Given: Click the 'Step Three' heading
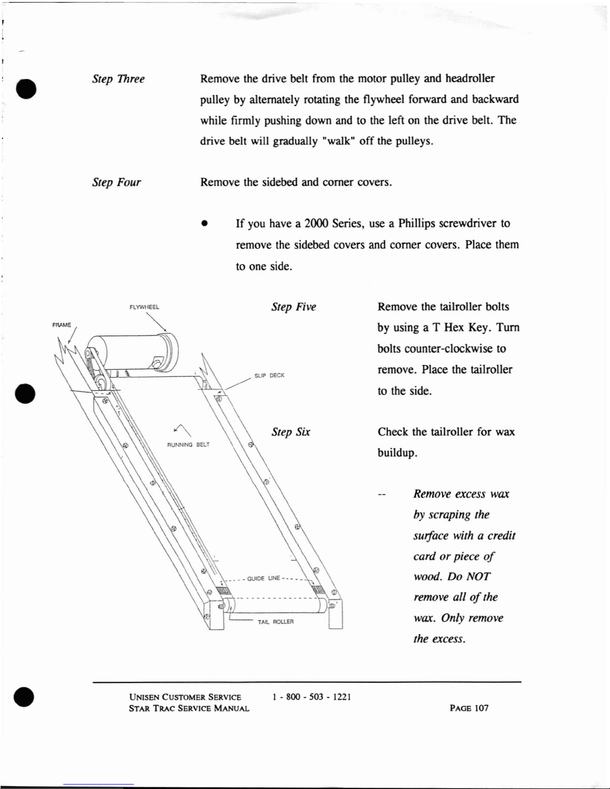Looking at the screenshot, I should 119,79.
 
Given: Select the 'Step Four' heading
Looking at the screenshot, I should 117,183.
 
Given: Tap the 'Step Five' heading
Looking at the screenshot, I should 294,307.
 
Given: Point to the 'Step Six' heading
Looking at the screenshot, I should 291,432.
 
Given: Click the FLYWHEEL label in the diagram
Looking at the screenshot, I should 144,307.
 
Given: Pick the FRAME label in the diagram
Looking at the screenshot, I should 62,325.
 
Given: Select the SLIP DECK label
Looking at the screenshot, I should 269,375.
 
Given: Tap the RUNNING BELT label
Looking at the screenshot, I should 188,445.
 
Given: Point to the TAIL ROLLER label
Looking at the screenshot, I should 275,622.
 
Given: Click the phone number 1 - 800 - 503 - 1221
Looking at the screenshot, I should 312,697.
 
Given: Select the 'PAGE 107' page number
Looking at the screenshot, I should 469,708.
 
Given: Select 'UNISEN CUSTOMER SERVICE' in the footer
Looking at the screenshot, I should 185,697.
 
